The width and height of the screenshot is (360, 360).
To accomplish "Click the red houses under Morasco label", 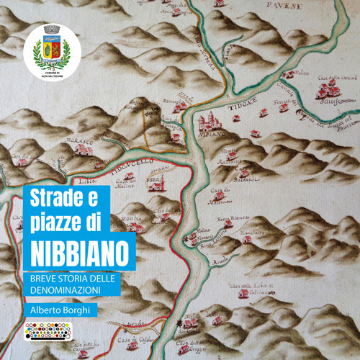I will (x=83, y=149).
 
